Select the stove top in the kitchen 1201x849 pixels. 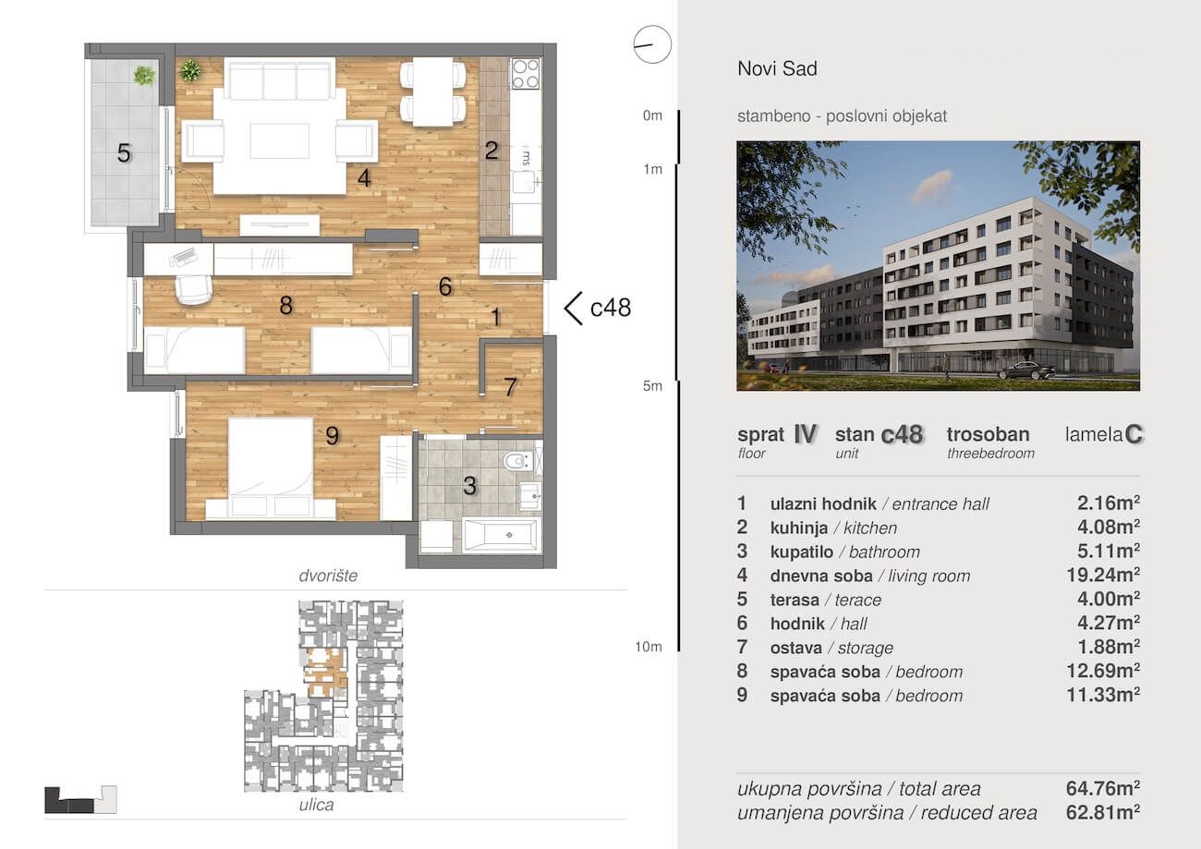526,74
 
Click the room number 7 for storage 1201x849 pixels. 510,386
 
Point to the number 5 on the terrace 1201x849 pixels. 124,153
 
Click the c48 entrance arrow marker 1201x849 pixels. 574,309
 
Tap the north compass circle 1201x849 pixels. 652,44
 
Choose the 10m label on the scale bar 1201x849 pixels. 649,647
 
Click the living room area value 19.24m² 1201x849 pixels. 1103,576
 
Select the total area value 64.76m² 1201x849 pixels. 1103,788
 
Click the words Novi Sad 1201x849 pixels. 778,68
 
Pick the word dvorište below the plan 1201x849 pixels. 328,576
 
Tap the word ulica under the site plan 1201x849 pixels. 316,805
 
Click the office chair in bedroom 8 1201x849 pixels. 194,289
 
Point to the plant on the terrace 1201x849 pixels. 144,76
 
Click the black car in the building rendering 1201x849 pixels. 1026,370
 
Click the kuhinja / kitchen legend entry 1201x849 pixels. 833,528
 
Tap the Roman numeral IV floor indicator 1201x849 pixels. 805,434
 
